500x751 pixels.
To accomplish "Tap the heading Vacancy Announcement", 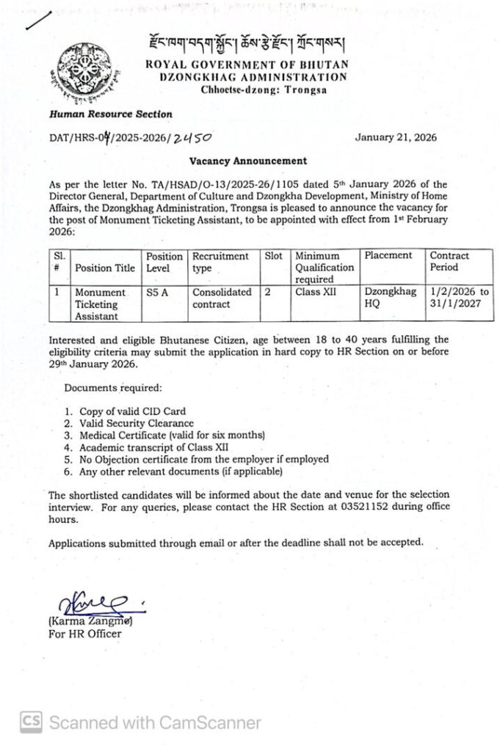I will point(249,161).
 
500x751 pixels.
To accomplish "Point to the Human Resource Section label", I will point(110,114).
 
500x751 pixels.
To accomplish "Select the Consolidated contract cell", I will point(222,297).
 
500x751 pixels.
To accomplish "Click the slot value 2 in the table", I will point(269,292).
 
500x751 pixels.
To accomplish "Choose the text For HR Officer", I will point(85,634).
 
